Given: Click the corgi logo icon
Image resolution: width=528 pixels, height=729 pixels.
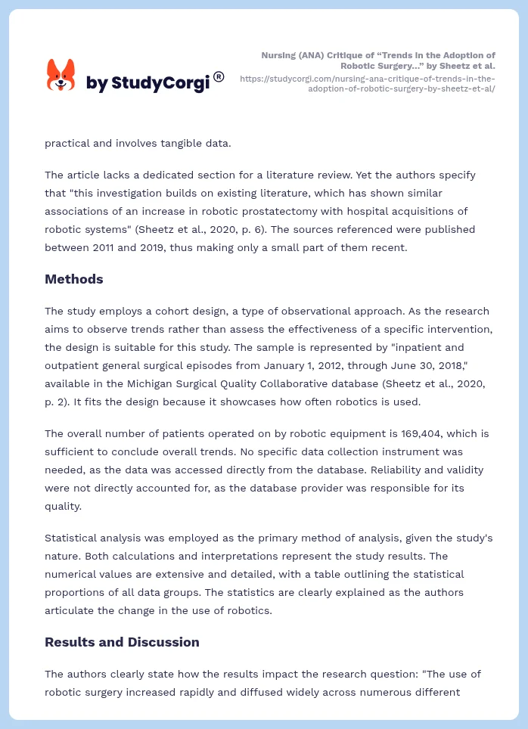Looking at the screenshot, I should pos(61,75).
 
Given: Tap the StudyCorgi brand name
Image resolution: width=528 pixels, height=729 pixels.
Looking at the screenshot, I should pos(148,83).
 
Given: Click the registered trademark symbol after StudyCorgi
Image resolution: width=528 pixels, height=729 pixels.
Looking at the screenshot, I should pos(219,76).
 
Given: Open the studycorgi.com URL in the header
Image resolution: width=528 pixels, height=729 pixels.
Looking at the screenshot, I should pos(368,83).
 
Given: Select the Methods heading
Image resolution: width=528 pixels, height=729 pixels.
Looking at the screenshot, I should pos(73,279).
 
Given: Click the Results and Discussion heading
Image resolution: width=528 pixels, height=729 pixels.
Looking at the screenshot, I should pos(122,642).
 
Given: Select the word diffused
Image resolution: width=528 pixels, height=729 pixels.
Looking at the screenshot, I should pos(288,692).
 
